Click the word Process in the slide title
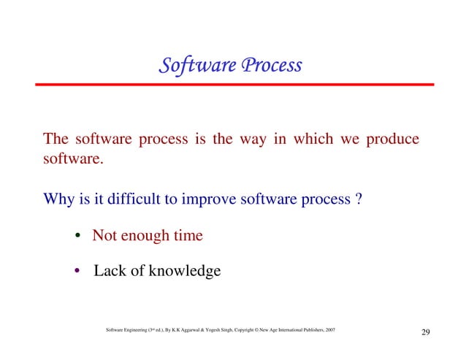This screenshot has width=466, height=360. pos(271,66)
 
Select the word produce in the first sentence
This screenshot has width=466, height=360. pos(391,139)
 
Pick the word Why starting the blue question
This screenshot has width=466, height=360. pos(58,199)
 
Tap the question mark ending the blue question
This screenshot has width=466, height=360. pos(357,199)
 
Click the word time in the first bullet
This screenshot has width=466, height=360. pos(188,236)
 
